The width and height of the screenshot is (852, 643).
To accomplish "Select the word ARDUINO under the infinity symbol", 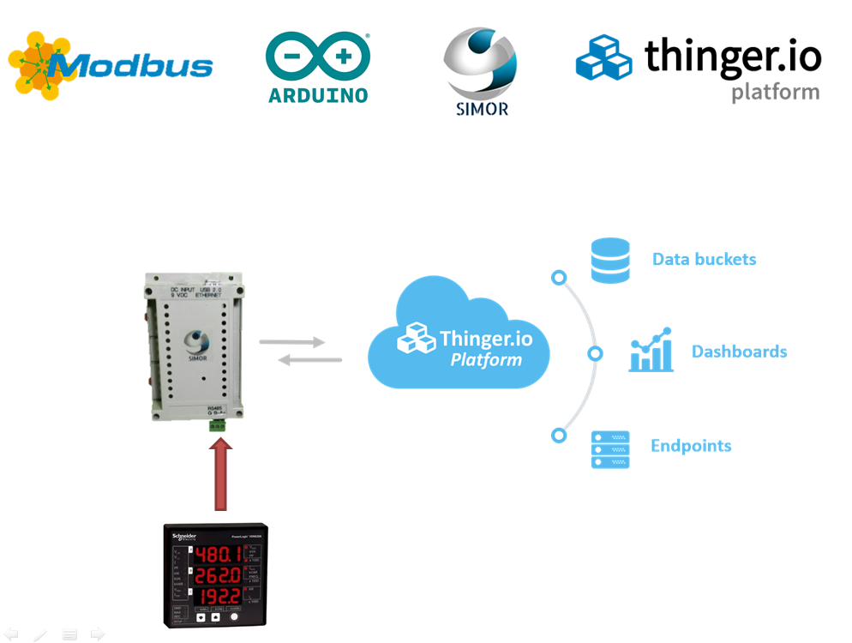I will pos(318,95).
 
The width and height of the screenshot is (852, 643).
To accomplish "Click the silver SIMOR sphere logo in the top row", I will pos(480,63).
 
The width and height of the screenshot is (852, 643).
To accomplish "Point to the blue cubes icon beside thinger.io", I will pos(603,57).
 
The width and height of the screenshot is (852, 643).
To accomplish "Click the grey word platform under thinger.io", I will pos(775,93).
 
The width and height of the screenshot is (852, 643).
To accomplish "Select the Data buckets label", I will pos(704,259).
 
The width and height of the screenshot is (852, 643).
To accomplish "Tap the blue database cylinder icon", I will pos(609,260).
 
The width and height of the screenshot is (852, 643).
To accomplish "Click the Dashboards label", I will pos(739,352).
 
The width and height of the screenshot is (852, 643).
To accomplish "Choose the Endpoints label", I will pos(691,446).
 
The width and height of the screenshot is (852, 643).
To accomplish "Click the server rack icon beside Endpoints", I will pos(609,449).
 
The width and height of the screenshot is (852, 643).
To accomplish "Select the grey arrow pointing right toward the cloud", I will pos(293,342).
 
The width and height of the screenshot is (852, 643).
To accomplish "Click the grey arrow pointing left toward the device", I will pos(309,360).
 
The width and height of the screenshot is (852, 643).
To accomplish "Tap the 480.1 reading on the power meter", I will pos(216,556).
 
